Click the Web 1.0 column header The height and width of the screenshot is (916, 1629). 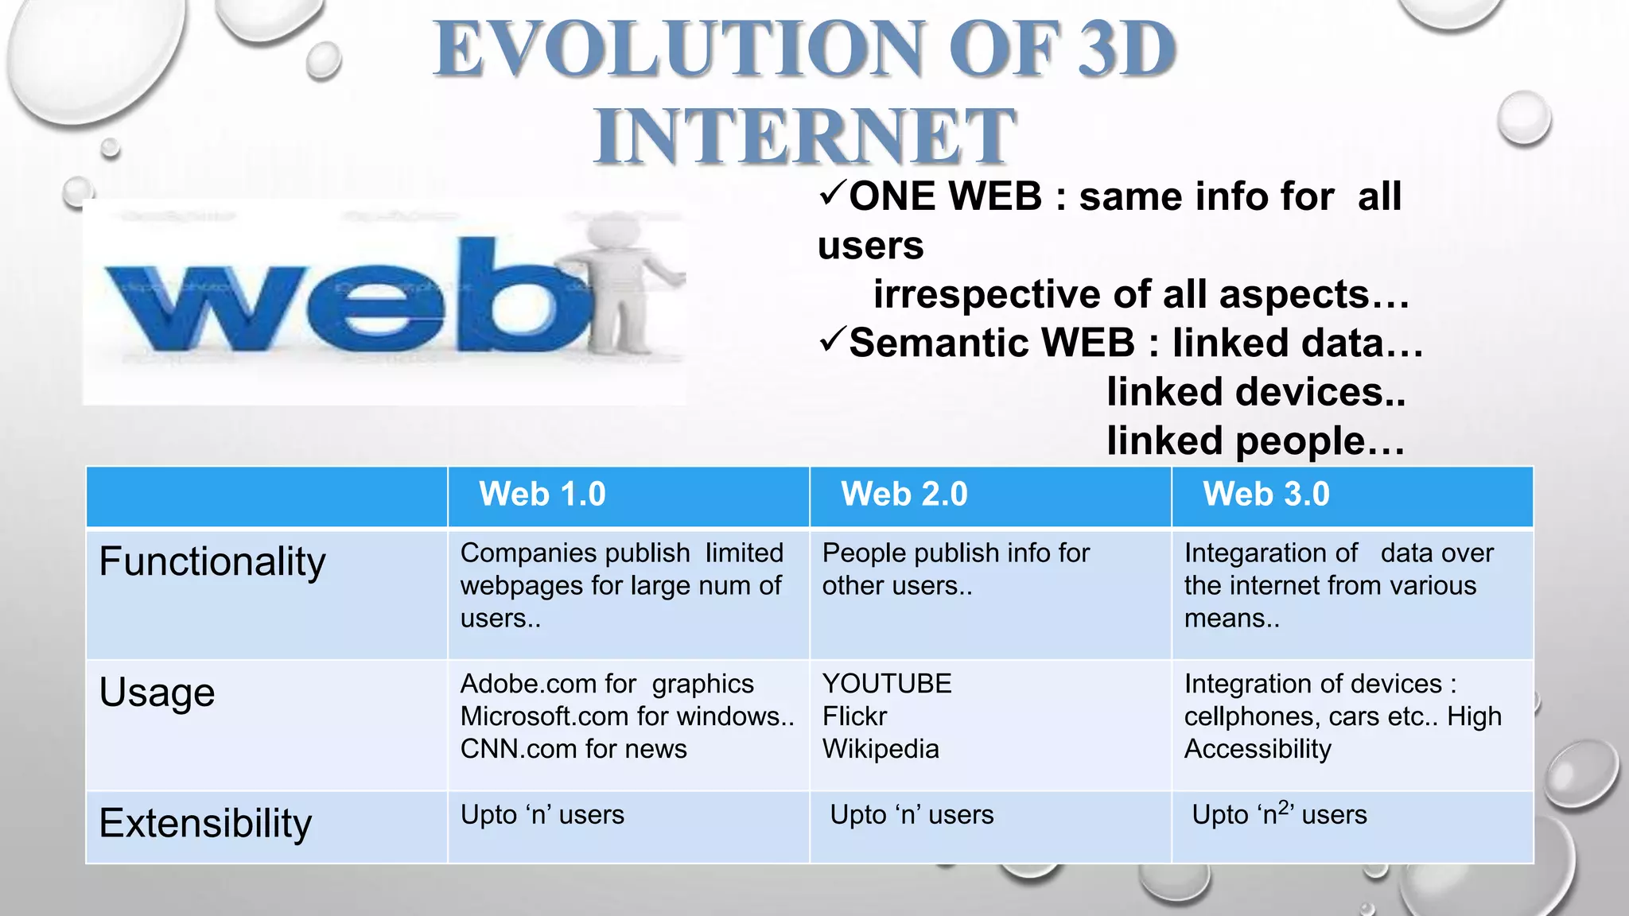(x=542, y=495)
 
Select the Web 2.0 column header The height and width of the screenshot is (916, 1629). (x=904, y=495)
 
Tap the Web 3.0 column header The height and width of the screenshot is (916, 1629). (x=1266, y=495)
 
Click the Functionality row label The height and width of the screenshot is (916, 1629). (x=212, y=562)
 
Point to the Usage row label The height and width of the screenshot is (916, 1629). (x=157, y=693)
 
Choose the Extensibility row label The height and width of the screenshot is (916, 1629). (x=205, y=824)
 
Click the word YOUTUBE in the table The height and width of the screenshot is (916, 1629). (x=887, y=684)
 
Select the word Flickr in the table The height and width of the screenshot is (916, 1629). (x=854, y=716)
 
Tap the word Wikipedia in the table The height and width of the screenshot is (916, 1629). (x=881, y=749)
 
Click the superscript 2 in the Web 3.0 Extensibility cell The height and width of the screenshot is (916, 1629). (x=1283, y=807)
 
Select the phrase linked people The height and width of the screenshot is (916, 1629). (x=1255, y=441)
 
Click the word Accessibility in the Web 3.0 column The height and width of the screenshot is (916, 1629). (x=1258, y=749)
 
